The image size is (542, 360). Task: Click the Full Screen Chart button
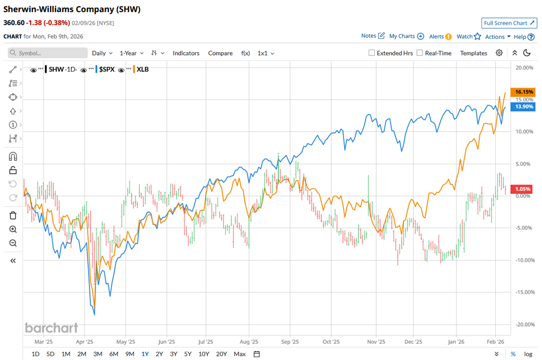[509, 23]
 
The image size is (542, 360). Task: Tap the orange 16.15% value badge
[524, 92]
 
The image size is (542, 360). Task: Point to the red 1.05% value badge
[524, 189]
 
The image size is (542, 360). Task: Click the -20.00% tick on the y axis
[524, 324]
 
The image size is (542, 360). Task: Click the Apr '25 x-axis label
[84, 342]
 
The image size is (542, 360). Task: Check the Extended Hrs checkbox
[372, 53]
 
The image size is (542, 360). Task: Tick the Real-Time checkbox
[420, 53]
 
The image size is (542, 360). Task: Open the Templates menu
[474, 53]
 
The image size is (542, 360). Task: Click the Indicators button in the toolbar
[186, 53]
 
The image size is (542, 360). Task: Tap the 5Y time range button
[187, 354]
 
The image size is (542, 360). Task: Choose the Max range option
[240, 354]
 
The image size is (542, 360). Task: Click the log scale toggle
[528, 354]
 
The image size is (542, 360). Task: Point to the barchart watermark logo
[51, 328]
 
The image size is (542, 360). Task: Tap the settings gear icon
[499, 53]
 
